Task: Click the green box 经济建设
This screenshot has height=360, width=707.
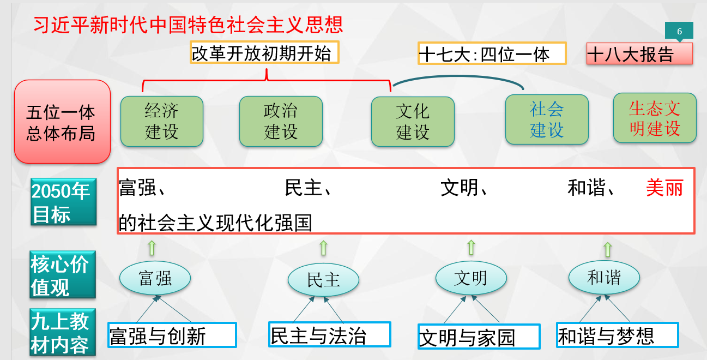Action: (161, 122)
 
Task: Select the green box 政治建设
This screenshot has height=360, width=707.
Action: (281, 122)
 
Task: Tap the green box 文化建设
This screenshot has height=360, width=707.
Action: (413, 122)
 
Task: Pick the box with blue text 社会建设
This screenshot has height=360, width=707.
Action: (547, 119)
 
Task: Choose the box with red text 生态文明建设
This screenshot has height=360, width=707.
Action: (655, 118)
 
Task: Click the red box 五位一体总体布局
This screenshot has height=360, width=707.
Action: (62, 122)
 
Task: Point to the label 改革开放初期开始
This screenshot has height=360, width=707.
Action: (264, 53)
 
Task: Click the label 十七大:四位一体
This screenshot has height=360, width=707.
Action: (492, 53)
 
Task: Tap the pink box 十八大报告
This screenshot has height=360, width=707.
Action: (639, 54)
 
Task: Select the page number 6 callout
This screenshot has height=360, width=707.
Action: (679, 32)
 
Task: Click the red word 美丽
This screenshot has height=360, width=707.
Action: (664, 188)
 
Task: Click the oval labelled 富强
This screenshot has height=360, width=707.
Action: (155, 278)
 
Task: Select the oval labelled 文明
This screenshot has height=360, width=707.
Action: (470, 278)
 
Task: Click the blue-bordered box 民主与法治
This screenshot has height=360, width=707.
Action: (330, 334)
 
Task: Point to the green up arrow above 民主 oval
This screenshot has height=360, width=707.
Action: (323, 248)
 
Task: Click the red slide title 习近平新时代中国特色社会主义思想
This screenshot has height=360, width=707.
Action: (189, 25)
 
